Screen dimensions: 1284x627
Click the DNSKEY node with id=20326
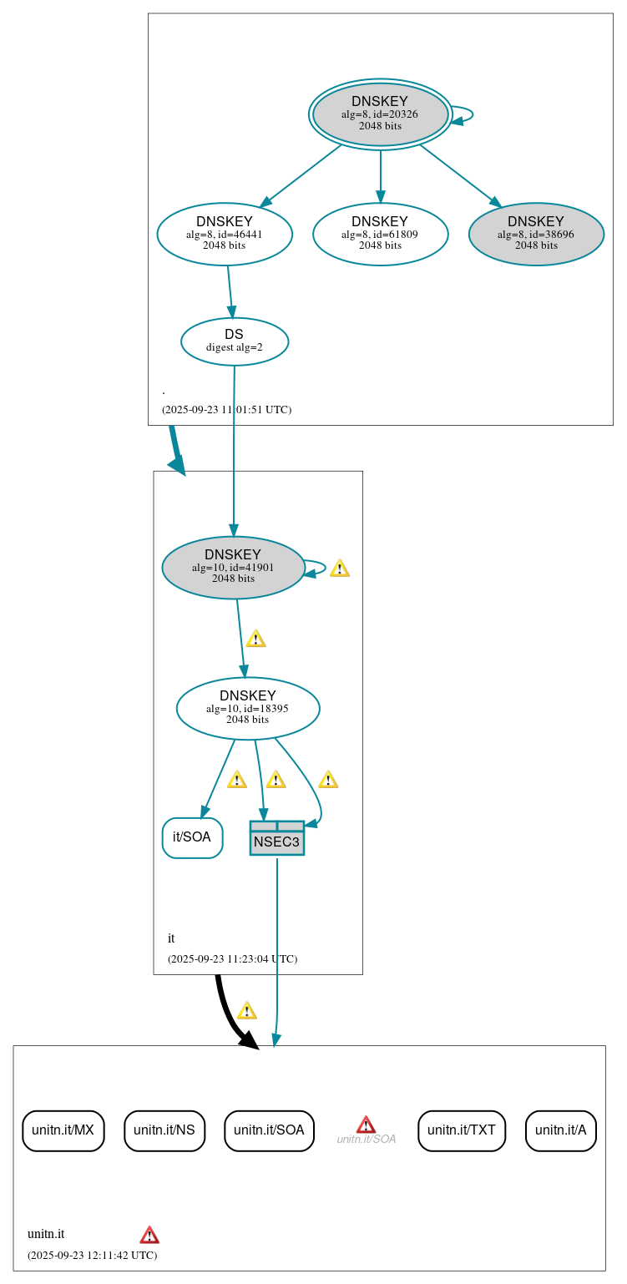380,114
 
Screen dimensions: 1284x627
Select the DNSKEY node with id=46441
224,234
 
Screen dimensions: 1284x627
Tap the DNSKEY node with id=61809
380,234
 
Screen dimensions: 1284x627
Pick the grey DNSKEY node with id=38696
536,234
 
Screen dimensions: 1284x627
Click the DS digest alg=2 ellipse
234,341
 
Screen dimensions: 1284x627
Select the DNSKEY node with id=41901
233,568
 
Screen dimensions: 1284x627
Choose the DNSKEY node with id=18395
248,708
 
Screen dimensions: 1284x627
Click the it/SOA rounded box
192,837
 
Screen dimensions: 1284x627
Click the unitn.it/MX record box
63,1130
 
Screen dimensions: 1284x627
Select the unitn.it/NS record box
164,1130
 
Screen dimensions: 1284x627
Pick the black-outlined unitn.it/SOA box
269,1130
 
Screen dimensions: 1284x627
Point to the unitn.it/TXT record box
461,1130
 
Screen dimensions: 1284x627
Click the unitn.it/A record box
560,1130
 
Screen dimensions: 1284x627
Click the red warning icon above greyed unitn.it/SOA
366,1124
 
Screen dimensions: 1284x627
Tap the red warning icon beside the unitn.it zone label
149,1235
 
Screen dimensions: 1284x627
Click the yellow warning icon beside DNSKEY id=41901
339,569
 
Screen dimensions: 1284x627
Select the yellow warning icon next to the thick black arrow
246,1011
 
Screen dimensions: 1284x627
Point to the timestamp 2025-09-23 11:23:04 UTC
232,958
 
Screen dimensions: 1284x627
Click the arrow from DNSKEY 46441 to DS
230,291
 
